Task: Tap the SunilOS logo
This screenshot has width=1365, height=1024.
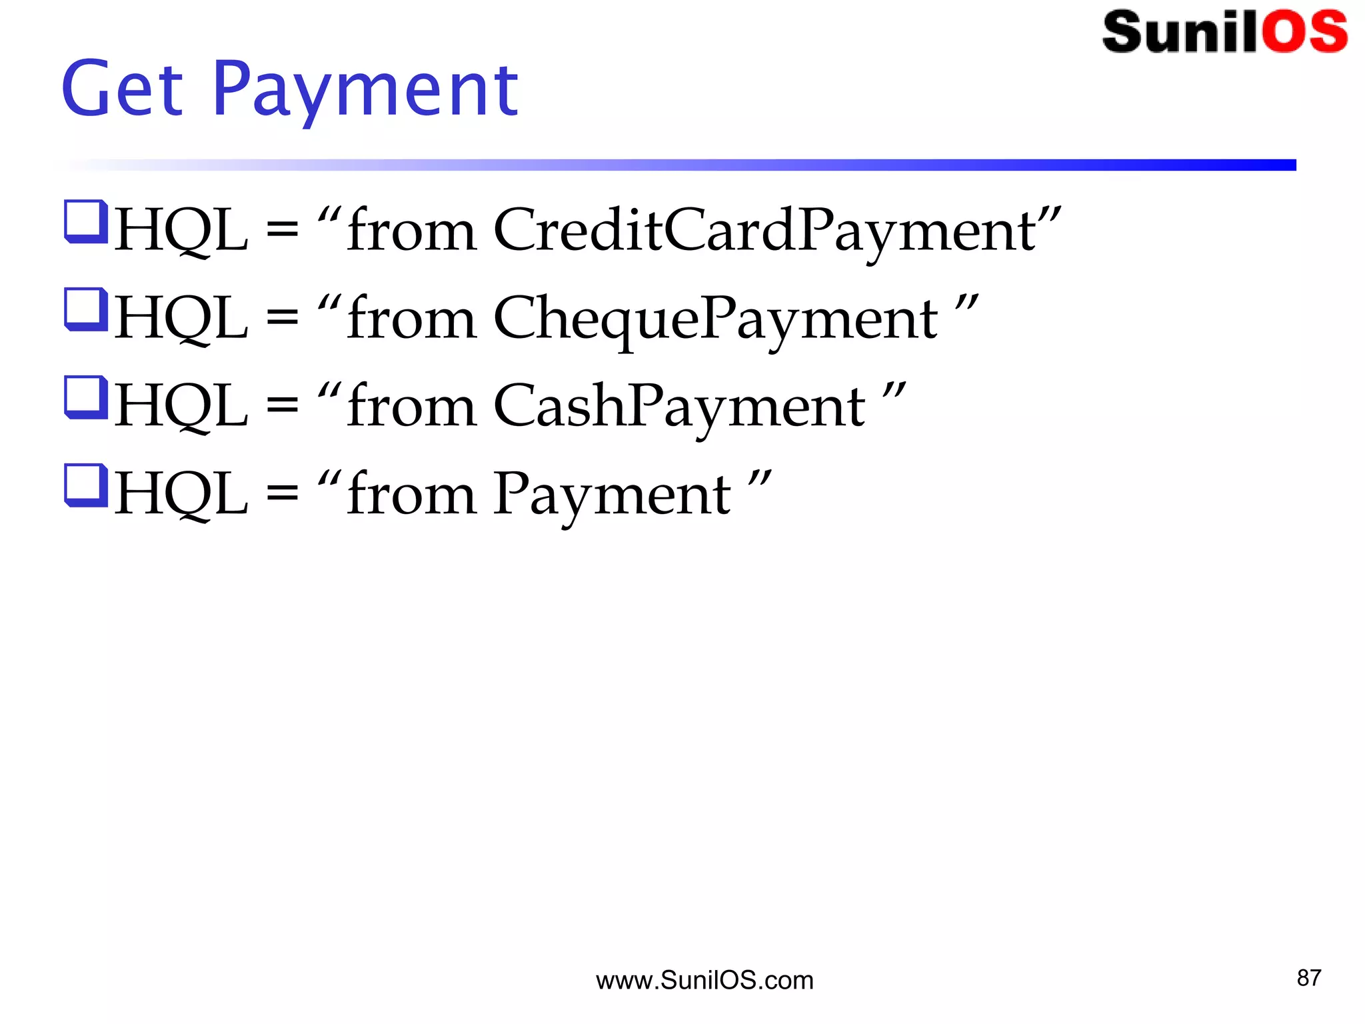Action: [1224, 32]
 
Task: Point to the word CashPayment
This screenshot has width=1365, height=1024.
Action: [679, 406]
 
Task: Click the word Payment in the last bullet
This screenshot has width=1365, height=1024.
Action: [612, 494]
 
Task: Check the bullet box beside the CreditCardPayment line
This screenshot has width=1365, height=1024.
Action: [86, 222]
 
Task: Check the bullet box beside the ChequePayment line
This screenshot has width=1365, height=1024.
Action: [86, 309]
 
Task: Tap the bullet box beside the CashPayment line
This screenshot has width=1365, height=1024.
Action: [86, 398]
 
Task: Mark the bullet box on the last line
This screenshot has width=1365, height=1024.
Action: [86, 485]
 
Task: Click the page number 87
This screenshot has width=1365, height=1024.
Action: [1308, 978]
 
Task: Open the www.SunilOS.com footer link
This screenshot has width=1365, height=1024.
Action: [704, 981]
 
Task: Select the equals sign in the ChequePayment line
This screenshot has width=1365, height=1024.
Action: [283, 318]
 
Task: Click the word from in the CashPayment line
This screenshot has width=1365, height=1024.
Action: [411, 406]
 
